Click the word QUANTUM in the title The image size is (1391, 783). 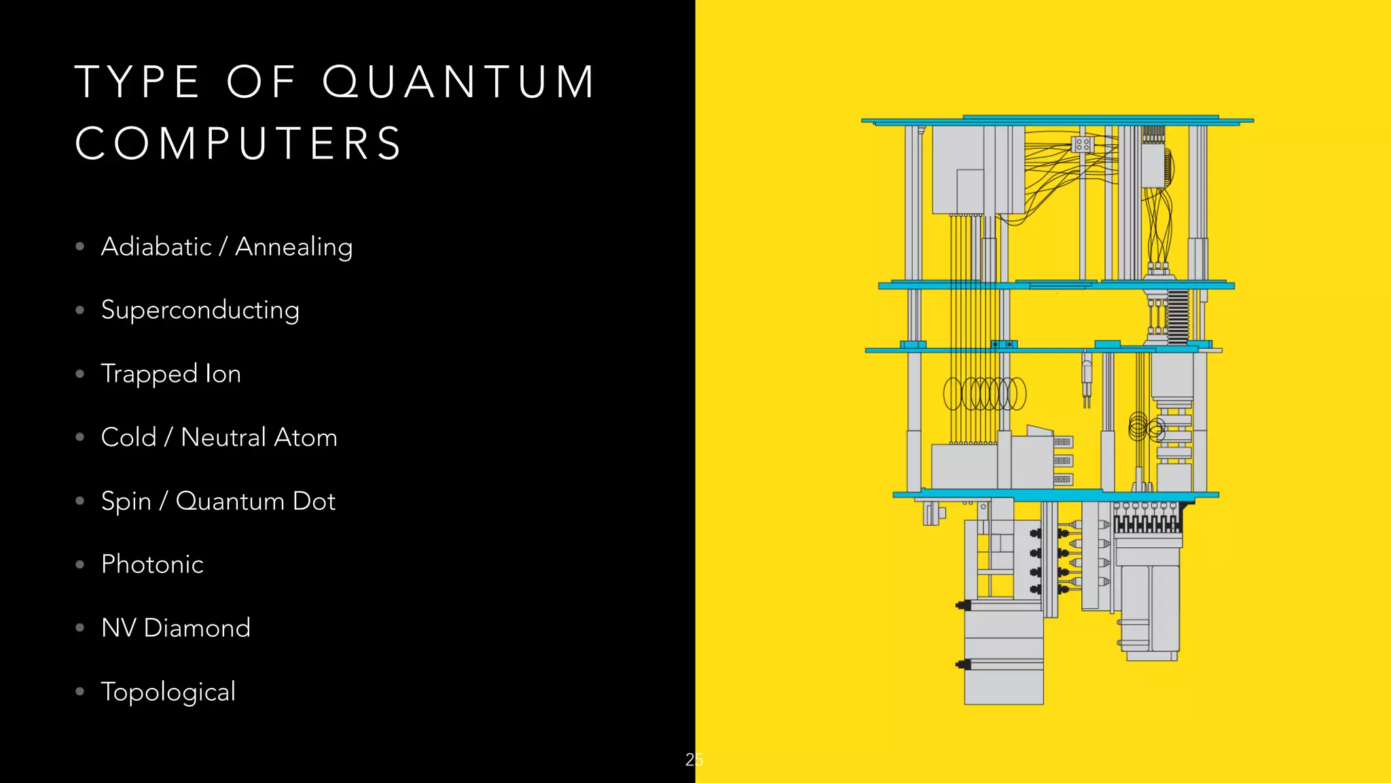(x=459, y=82)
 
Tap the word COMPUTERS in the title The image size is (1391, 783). (x=239, y=143)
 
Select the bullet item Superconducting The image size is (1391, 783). (x=200, y=310)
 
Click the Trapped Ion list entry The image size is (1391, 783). (x=170, y=374)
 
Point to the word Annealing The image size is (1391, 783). (x=293, y=247)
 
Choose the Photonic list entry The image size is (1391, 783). (x=152, y=564)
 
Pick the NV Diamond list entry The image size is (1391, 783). (x=175, y=628)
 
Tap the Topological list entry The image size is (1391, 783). (x=168, y=692)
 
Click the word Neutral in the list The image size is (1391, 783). (x=223, y=437)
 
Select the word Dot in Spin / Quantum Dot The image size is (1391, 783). (x=314, y=501)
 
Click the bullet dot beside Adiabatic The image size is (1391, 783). (x=80, y=246)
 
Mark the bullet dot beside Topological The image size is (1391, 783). (x=80, y=692)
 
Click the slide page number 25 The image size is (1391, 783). (x=694, y=759)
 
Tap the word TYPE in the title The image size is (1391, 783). (x=138, y=82)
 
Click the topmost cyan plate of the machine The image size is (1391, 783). (x=1057, y=121)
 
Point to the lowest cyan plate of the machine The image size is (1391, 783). (x=1055, y=495)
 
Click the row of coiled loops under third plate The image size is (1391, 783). (x=984, y=394)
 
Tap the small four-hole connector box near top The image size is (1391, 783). (x=1082, y=144)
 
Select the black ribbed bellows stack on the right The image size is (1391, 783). (x=1178, y=316)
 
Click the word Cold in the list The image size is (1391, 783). (x=128, y=437)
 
